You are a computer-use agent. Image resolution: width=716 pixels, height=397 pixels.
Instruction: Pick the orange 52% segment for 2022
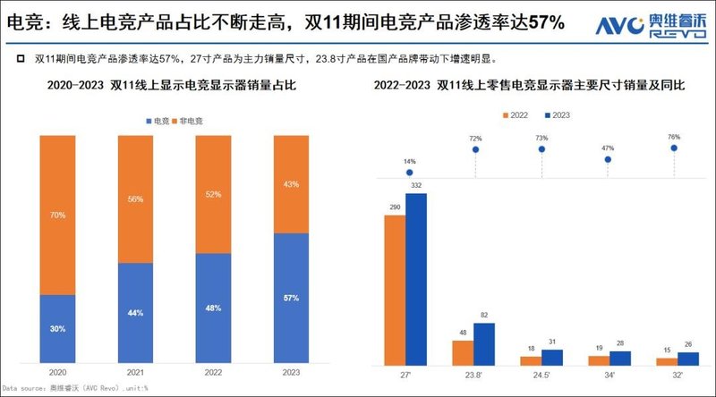pyautogui.click(x=212, y=193)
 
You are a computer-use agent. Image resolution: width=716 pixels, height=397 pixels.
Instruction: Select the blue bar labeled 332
pyautogui.click(x=416, y=279)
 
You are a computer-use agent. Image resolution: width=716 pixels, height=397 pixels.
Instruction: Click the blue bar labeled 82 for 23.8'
pyautogui.click(x=484, y=343)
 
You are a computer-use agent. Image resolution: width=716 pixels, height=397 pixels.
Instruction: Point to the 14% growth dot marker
pyautogui.click(x=409, y=172)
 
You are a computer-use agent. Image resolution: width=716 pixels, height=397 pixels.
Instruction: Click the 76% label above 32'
pyautogui.click(x=674, y=137)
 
